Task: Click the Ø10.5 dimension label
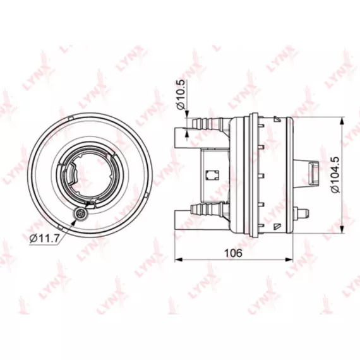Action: click(181, 94)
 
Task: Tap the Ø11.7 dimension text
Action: click(45, 239)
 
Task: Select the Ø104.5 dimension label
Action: click(335, 175)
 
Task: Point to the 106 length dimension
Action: click(233, 253)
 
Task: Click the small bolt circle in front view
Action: click(80, 214)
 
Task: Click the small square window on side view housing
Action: click(212, 176)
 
